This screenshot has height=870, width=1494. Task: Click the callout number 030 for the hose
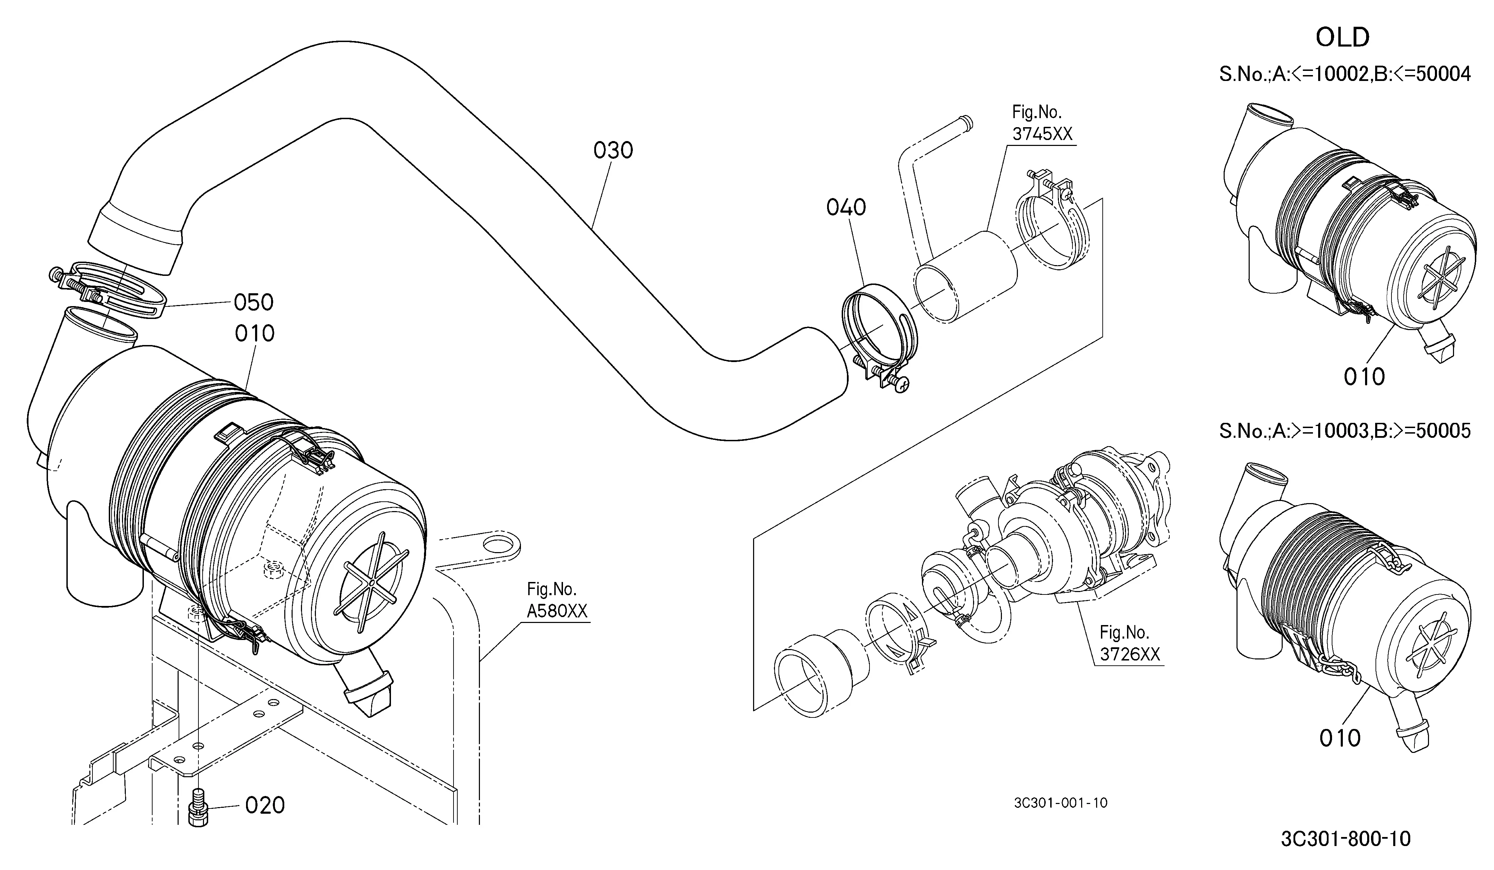click(x=613, y=150)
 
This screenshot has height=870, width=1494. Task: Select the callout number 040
click(x=846, y=207)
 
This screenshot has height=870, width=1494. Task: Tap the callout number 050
click(x=254, y=302)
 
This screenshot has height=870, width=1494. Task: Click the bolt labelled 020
click(x=198, y=809)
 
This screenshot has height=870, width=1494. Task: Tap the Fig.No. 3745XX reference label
click(x=1042, y=123)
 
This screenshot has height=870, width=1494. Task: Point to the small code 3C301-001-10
click(x=1061, y=803)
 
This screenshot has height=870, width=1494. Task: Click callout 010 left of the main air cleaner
click(x=254, y=334)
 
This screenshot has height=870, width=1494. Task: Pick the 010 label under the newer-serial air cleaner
click(x=1340, y=738)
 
